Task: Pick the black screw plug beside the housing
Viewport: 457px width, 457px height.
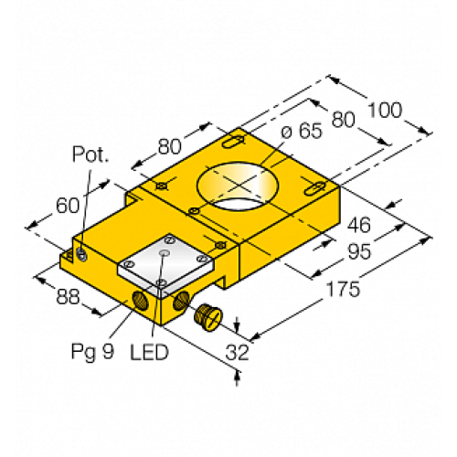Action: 207,316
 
